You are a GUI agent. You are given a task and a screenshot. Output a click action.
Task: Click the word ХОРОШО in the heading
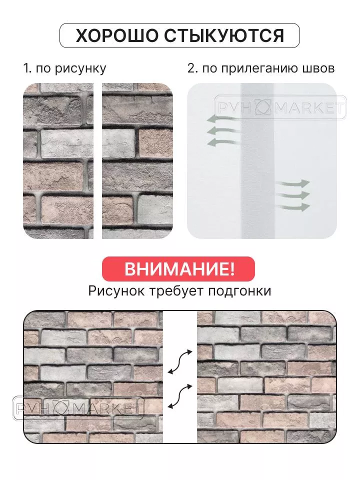point(117,35)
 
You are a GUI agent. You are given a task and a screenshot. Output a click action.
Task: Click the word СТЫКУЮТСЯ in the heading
point(225,35)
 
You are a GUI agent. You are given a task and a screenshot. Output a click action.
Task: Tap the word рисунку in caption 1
point(80,68)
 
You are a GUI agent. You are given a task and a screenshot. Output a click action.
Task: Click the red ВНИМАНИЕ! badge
point(178,269)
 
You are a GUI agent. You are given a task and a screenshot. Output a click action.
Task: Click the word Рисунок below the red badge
point(116,290)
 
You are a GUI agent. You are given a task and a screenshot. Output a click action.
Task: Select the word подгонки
point(239,291)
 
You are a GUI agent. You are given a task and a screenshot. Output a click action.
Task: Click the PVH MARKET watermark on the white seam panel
point(280,107)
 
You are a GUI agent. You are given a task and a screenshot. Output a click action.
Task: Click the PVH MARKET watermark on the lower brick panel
point(78,408)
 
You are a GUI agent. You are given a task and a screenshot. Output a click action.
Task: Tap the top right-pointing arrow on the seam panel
point(293,183)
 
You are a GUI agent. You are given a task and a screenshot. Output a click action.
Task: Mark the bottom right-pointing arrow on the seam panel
point(293,206)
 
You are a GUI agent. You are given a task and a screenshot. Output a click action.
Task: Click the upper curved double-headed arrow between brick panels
point(180,362)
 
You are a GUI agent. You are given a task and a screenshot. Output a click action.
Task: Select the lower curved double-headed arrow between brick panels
point(180,396)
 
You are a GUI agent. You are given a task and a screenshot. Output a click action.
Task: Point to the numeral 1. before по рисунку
point(27,68)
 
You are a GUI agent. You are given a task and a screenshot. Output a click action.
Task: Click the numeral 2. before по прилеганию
point(192,68)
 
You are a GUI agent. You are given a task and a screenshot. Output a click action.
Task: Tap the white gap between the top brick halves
point(97,160)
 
